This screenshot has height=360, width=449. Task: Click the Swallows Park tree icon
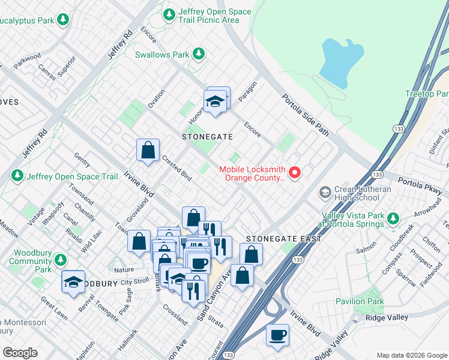199,55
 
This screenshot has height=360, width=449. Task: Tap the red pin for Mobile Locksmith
295,173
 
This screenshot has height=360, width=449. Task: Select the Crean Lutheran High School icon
325,193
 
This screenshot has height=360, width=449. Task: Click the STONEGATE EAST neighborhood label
283,239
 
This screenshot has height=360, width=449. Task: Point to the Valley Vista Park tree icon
393,218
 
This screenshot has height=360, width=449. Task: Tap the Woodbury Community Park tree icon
60,260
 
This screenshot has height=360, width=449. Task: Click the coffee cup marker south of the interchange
277,336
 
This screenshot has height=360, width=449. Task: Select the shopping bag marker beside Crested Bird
148,151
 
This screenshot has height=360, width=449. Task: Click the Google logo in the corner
20,353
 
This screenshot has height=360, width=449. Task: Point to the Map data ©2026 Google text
411,355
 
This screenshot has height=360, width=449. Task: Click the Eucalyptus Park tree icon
63,20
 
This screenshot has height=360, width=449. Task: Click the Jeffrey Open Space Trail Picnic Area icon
170,14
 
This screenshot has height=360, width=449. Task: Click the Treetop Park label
427,94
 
